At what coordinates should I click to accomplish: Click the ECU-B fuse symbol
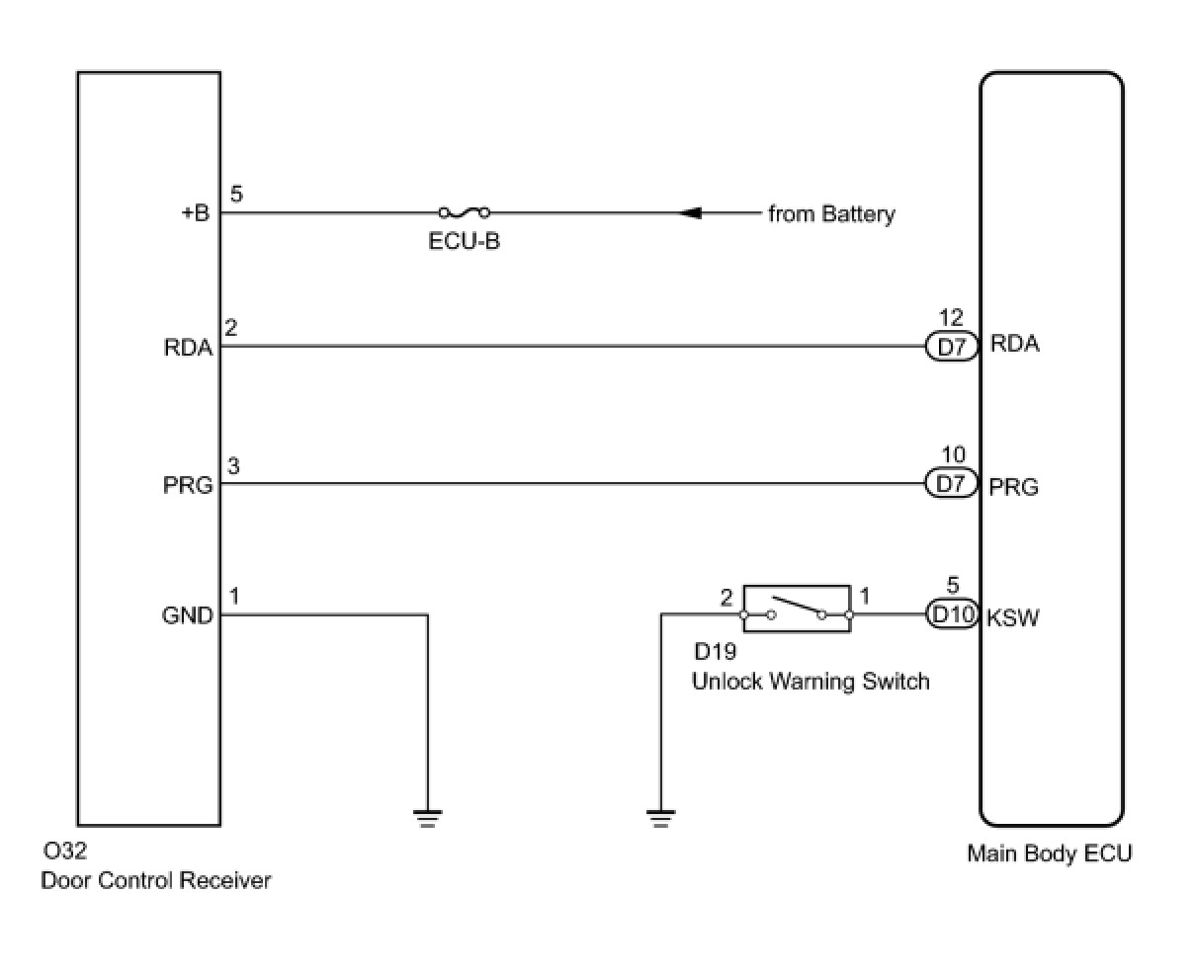464,212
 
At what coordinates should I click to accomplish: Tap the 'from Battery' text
831,214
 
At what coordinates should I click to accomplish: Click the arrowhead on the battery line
693,212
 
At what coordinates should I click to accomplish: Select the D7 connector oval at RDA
951,347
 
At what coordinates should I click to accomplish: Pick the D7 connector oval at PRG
951,484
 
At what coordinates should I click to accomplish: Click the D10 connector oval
952,614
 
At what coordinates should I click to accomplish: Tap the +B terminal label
195,213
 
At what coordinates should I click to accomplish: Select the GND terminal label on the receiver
188,616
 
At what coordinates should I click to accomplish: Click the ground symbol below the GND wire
427,818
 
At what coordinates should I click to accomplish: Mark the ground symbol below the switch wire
660,818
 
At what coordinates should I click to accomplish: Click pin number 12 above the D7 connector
951,319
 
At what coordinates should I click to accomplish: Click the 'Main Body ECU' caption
1049,854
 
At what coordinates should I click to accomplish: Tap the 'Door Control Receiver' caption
155,880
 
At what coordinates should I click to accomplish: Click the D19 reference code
715,652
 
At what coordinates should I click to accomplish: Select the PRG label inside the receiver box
188,486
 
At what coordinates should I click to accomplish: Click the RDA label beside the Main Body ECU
1014,345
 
